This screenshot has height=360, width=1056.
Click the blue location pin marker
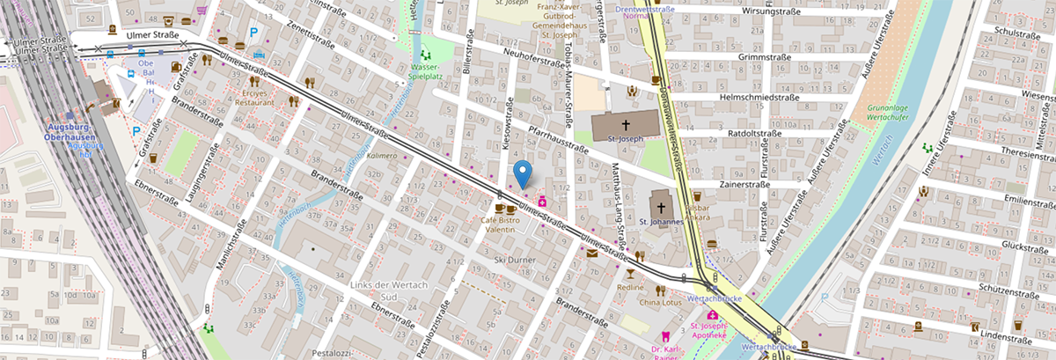tap(524, 173)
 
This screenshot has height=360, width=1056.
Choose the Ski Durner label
tap(514, 260)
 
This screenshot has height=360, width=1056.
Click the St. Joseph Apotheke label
tap(712, 330)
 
